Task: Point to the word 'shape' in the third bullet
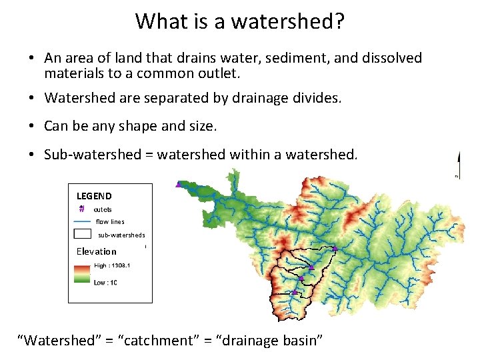[145, 125]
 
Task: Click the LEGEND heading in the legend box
[94, 196]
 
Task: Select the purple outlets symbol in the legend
[81, 209]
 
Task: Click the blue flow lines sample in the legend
[82, 221]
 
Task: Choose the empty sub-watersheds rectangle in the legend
[82, 234]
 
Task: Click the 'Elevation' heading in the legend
[96, 251]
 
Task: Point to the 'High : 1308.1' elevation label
[112, 265]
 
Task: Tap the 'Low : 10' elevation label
[105, 283]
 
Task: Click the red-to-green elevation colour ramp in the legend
[82, 274]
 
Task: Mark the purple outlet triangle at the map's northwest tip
[178, 185]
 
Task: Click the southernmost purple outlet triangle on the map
[295, 292]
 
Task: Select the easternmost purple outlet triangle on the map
[335, 249]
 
